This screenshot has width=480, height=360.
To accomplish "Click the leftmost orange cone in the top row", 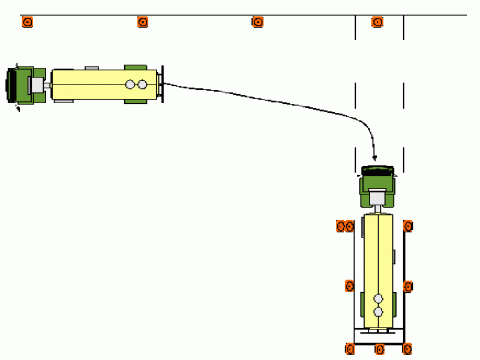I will [x=27, y=22].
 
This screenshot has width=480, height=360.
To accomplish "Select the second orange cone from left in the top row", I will [x=143, y=22].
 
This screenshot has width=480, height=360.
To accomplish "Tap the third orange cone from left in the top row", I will [x=257, y=22].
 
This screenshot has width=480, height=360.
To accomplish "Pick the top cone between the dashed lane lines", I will [x=377, y=22].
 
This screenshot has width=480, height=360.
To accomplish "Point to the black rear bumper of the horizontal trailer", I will [x=162, y=84].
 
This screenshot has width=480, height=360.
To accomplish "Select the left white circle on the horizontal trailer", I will [x=130, y=85].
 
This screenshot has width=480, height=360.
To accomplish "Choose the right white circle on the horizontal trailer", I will [x=142, y=85].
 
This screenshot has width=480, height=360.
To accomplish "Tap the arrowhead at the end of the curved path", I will [x=374, y=158].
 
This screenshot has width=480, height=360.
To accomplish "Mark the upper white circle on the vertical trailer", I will [x=378, y=298].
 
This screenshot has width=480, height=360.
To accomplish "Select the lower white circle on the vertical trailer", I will [x=378, y=311].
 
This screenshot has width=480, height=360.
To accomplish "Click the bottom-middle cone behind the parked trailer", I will [x=379, y=349].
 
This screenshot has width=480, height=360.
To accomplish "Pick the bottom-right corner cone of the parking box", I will [x=407, y=349].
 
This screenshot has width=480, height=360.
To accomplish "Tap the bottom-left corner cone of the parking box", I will [x=350, y=349].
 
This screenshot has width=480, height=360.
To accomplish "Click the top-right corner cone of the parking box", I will [x=408, y=226].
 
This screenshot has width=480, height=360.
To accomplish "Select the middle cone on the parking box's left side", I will [x=349, y=286].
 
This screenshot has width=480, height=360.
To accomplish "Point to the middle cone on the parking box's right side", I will [x=408, y=286].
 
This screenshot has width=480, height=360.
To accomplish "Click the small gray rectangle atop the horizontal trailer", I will [x=92, y=68].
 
